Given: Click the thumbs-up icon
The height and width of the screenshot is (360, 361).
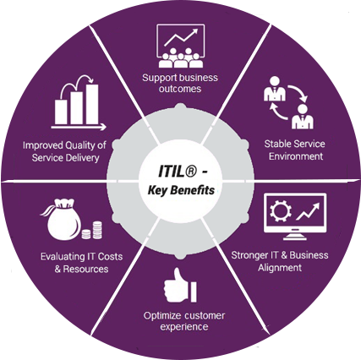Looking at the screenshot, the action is pyautogui.click(x=180, y=285).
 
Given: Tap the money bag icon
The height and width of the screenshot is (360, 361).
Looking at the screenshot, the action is pyautogui.click(x=62, y=219).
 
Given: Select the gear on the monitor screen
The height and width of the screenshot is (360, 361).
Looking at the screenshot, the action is pyautogui.click(x=280, y=211).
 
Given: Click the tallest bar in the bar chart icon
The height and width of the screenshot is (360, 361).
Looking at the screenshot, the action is pyautogui.click(x=92, y=104).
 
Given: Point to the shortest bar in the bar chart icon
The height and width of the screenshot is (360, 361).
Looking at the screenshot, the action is pyautogui.click(x=61, y=112).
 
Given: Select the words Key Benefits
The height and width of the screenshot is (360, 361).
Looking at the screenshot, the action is pyautogui.click(x=181, y=190).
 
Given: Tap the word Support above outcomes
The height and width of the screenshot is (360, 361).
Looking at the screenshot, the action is pyautogui.click(x=160, y=78).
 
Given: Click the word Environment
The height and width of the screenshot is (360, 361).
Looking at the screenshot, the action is pyautogui.click(x=296, y=156).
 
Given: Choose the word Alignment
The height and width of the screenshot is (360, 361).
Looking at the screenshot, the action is pyautogui.click(x=280, y=268).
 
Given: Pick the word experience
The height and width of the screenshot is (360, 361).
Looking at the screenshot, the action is pyautogui.click(x=184, y=327).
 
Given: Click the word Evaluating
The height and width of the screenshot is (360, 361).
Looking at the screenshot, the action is pyautogui.click(x=63, y=257).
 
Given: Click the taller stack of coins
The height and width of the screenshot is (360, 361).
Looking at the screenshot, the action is pyautogui.click(x=97, y=230).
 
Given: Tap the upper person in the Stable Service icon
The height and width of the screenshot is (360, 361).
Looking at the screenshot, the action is pyautogui.click(x=275, y=89).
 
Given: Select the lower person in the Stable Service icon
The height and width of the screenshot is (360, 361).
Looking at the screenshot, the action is pyautogui.click(x=303, y=117).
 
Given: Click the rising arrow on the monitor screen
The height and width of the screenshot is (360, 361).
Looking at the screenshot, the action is pyautogui.click(x=308, y=211).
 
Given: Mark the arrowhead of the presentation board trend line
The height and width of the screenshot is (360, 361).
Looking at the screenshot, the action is pyautogui.click(x=194, y=31).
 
